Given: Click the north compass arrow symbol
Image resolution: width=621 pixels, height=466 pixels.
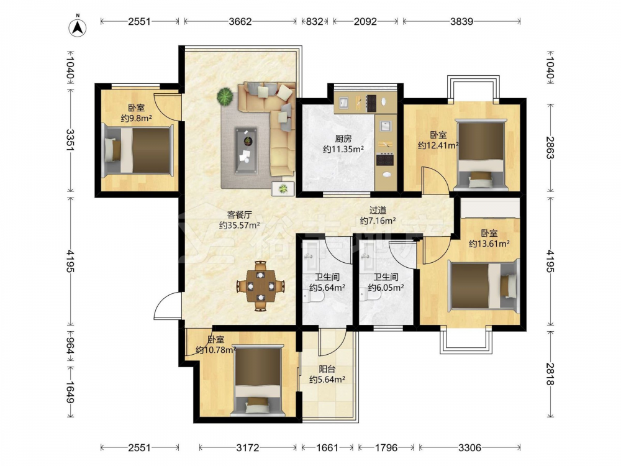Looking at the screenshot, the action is tap(78, 27).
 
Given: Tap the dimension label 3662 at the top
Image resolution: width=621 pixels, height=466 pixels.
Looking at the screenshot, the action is tap(240, 21).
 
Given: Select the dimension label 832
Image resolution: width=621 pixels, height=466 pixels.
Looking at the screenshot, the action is tap(314, 21).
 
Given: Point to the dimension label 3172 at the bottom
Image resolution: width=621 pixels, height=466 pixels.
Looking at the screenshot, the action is tap(248, 448).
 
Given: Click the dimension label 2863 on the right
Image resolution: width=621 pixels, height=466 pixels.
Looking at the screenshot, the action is tap(550, 147).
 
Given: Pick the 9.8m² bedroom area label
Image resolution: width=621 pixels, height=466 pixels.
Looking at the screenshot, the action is tap(137, 118).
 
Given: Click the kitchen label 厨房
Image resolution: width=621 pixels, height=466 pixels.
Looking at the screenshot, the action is tap(343, 139).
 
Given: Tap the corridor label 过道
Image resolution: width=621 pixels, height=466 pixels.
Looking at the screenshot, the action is tap(378, 211).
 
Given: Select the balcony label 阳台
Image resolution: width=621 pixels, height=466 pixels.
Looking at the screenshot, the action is tap(327, 369).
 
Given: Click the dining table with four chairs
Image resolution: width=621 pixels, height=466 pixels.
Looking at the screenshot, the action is tap(260, 285).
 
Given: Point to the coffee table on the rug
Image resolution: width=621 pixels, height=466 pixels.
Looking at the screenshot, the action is tap(246, 150).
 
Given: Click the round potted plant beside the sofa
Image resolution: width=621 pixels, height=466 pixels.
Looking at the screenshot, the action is tap(225, 96).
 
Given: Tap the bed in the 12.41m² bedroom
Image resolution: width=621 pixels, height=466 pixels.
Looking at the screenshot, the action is tap(481, 153).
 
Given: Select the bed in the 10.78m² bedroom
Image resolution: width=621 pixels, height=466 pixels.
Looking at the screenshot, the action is tap(259, 380).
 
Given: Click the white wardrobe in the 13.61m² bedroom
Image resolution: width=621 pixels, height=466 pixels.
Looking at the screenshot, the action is tap(490, 208).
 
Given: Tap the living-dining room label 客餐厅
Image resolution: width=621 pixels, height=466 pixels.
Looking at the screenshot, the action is tap(239, 215).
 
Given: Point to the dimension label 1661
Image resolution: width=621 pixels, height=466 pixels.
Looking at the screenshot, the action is tap(327, 448).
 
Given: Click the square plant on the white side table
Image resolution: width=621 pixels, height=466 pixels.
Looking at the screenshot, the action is tap(283, 189).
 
